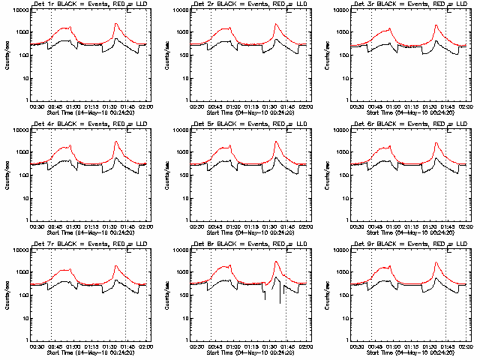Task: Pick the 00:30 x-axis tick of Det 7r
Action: pyautogui.click(x=34, y=346)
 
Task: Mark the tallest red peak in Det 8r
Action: pyautogui.click(x=276, y=262)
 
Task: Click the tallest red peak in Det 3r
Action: pyautogui.click(x=436, y=25)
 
